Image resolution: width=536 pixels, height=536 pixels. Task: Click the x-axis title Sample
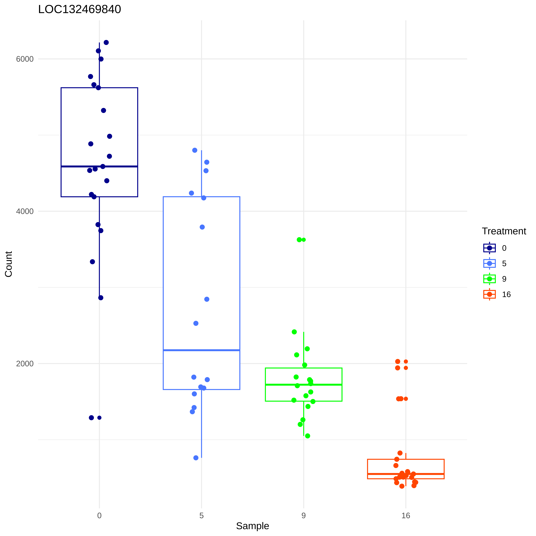click(252, 526)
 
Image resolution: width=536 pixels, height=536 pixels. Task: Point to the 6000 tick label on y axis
click(25, 59)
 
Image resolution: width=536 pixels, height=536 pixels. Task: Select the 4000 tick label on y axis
click(25, 211)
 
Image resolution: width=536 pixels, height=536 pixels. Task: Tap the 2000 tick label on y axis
click(25, 364)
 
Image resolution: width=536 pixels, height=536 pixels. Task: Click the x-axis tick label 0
click(99, 515)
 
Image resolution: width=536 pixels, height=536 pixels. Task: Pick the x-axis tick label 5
click(201, 515)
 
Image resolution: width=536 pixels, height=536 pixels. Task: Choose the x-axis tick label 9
click(303, 515)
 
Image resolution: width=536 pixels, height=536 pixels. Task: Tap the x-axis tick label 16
click(406, 515)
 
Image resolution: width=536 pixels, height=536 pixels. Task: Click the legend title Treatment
click(504, 231)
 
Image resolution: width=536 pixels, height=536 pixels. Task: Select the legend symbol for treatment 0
click(489, 248)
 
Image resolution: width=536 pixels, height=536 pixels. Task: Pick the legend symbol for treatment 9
click(489, 279)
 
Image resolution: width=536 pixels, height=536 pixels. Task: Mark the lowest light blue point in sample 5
click(196, 458)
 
